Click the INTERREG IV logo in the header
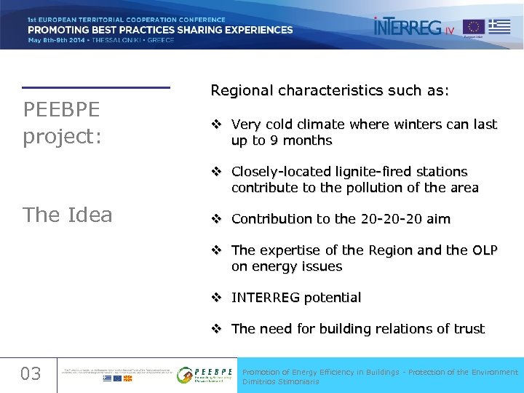click(x=413, y=27)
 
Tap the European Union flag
click(x=475, y=28)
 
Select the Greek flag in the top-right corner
click(x=499, y=26)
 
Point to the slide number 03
click(x=31, y=374)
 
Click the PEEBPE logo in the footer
click(x=205, y=374)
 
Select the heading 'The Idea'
click(x=68, y=215)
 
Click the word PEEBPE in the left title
click(x=62, y=110)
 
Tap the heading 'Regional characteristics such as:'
click(x=330, y=91)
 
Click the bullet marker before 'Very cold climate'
click(x=216, y=124)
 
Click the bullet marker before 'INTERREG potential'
click(x=216, y=298)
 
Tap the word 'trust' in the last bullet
click(x=469, y=329)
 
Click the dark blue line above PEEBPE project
click(x=95, y=88)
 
